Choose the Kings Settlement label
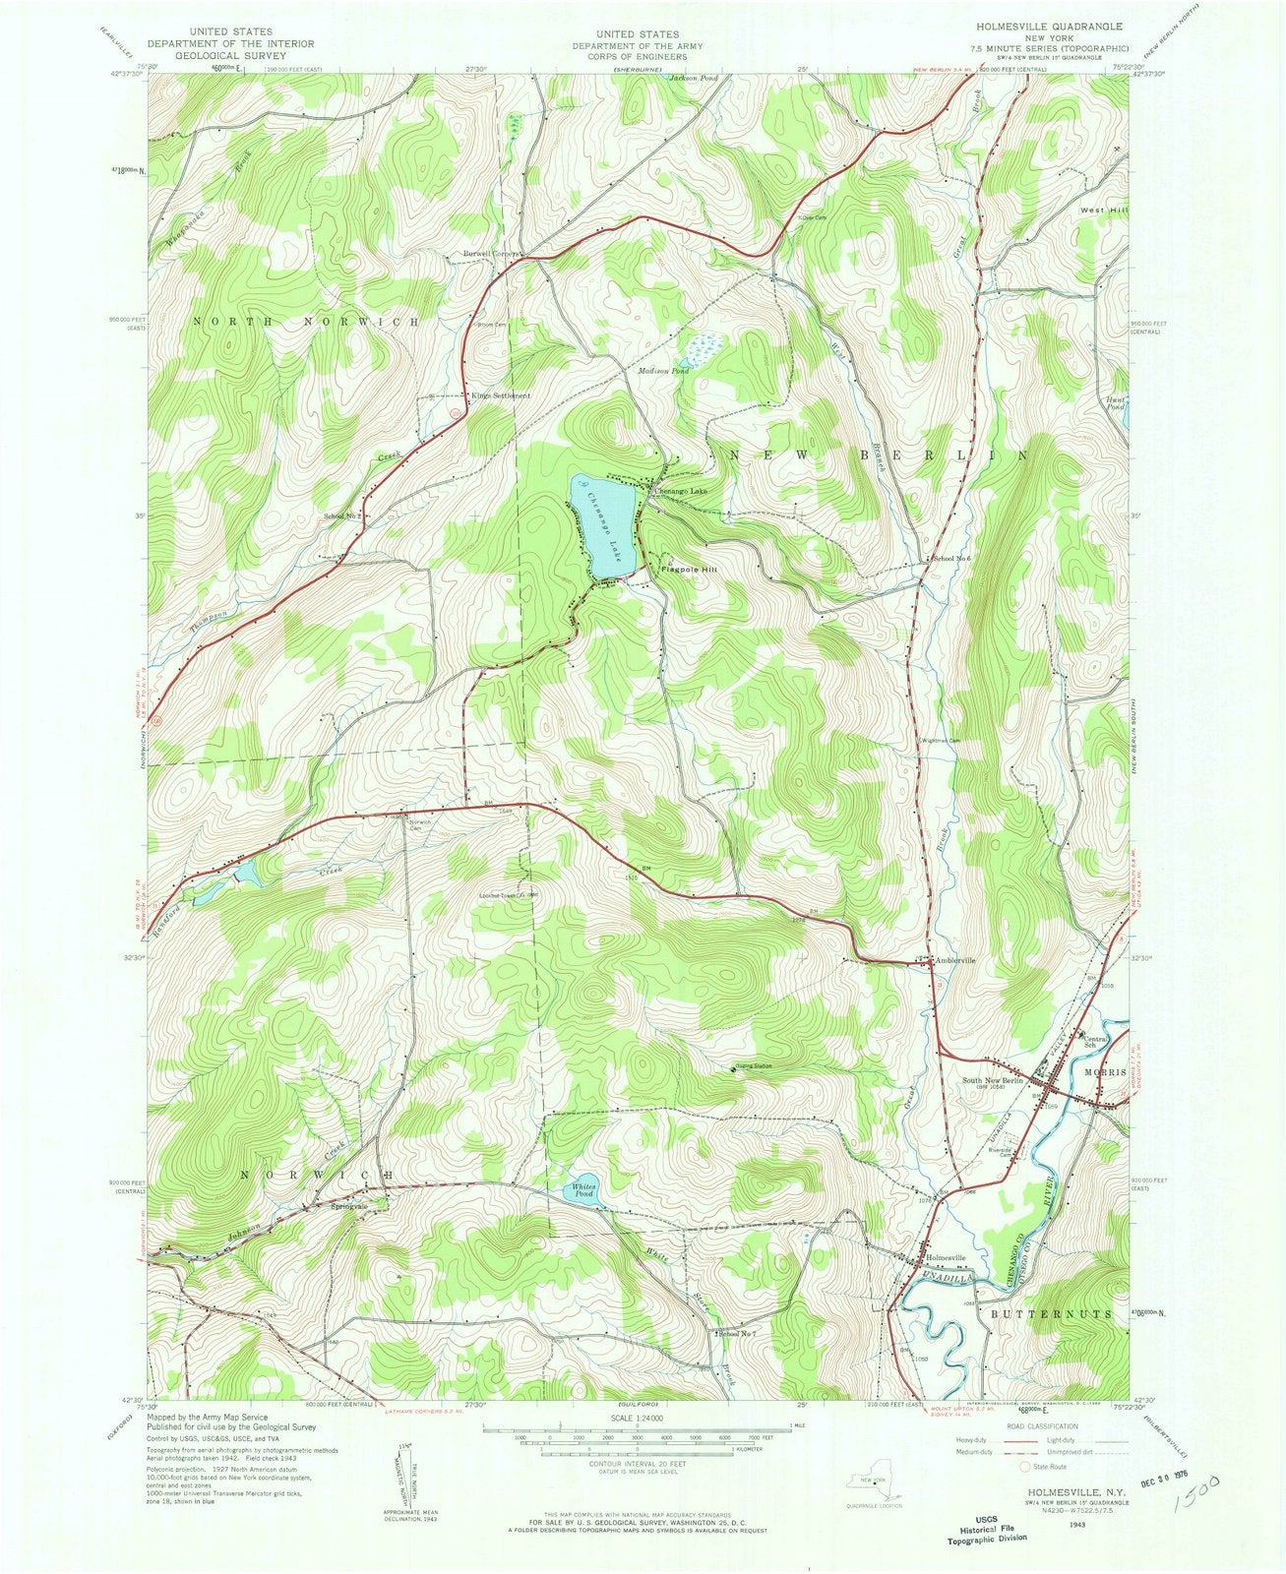click(500, 395)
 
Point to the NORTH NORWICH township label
click(305, 322)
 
